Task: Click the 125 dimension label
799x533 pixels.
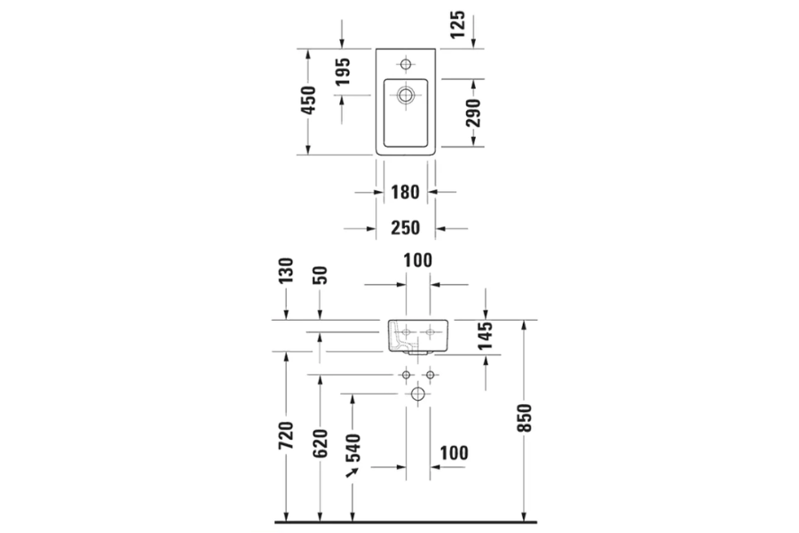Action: pos(457,22)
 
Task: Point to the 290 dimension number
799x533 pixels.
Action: pos(473,113)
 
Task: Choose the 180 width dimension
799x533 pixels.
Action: pos(405,191)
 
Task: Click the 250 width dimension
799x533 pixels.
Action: pos(405,228)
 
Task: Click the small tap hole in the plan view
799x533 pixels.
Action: pos(406,64)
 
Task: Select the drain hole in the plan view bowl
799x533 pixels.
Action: pos(406,94)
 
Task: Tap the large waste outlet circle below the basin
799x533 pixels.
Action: pos(417,394)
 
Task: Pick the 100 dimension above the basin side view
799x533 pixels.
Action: pos(417,261)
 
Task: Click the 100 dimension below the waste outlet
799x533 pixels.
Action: pos(453,453)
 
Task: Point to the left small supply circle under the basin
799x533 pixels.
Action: pos(406,375)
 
